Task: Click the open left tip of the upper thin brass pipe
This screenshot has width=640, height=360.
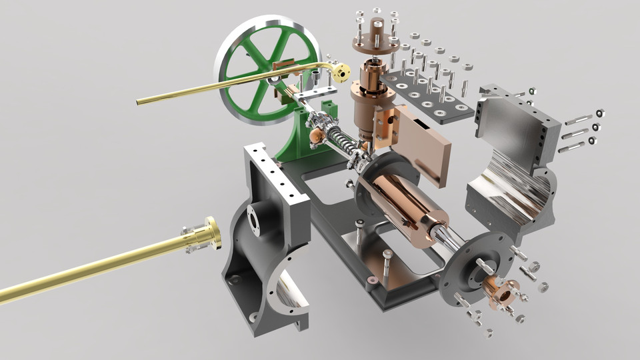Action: point(139,101)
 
